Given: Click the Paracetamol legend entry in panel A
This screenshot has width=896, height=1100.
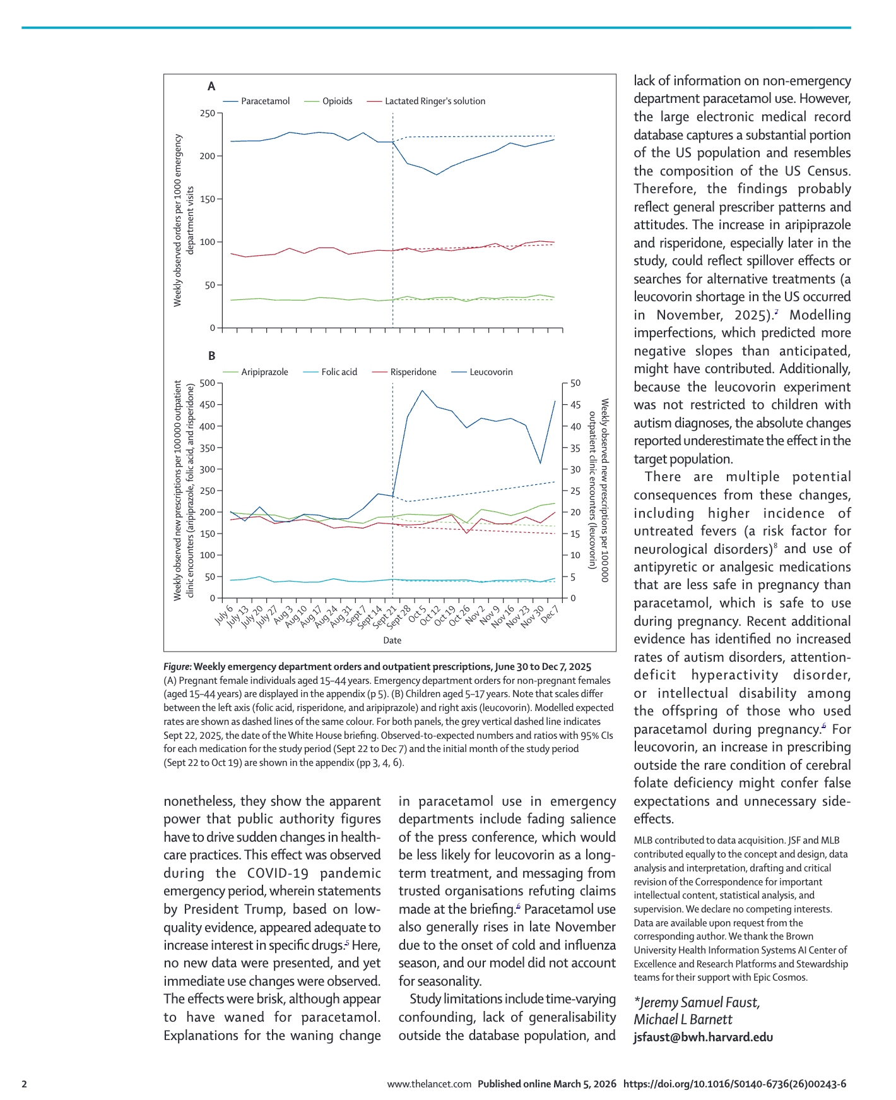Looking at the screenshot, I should click(265, 101).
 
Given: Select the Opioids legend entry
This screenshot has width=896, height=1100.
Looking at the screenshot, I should click(337, 101).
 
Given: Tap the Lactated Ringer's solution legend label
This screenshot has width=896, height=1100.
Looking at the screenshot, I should click(435, 101).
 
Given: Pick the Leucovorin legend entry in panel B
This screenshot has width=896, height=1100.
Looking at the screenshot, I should click(491, 372).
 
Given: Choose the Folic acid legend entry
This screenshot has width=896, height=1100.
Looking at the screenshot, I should click(339, 372).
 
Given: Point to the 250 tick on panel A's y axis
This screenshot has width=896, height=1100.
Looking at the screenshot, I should click(207, 113).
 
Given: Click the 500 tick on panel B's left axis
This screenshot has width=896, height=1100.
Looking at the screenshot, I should click(207, 383).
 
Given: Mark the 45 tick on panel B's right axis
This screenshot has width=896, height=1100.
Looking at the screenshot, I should click(575, 405).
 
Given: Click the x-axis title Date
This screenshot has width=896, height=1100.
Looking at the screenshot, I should click(392, 640).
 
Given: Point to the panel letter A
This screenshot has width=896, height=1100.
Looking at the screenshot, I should click(211, 87).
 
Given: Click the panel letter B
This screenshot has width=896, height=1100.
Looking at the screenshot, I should click(211, 356).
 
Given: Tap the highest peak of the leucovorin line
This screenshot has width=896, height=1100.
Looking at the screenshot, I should click(422, 390).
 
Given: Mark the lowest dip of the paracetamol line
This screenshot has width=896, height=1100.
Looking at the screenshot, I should click(437, 175).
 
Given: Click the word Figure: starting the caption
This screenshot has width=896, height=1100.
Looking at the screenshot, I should click(177, 667).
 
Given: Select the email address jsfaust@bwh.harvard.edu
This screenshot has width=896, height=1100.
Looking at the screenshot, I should click(703, 1037).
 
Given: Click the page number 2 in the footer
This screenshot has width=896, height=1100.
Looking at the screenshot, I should click(24, 1084).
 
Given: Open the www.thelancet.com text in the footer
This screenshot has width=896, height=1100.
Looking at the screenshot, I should click(429, 1084).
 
